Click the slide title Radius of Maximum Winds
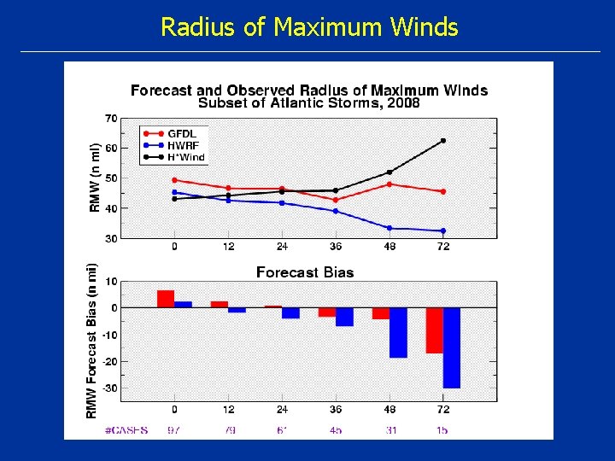(x=309, y=27)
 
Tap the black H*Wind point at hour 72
(x=442, y=141)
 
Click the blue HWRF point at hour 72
(x=442, y=230)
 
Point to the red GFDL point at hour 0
(x=174, y=180)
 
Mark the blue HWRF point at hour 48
(x=389, y=228)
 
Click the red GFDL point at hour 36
(x=336, y=200)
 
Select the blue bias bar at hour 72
(x=452, y=347)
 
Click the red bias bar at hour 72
(x=434, y=330)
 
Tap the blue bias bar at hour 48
(x=398, y=332)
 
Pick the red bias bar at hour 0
(x=166, y=299)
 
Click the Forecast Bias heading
(x=305, y=272)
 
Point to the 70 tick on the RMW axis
(x=111, y=118)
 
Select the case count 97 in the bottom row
(x=174, y=430)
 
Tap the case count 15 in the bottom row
(x=442, y=430)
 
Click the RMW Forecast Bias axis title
(x=91, y=340)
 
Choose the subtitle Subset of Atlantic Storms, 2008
(x=308, y=103)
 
